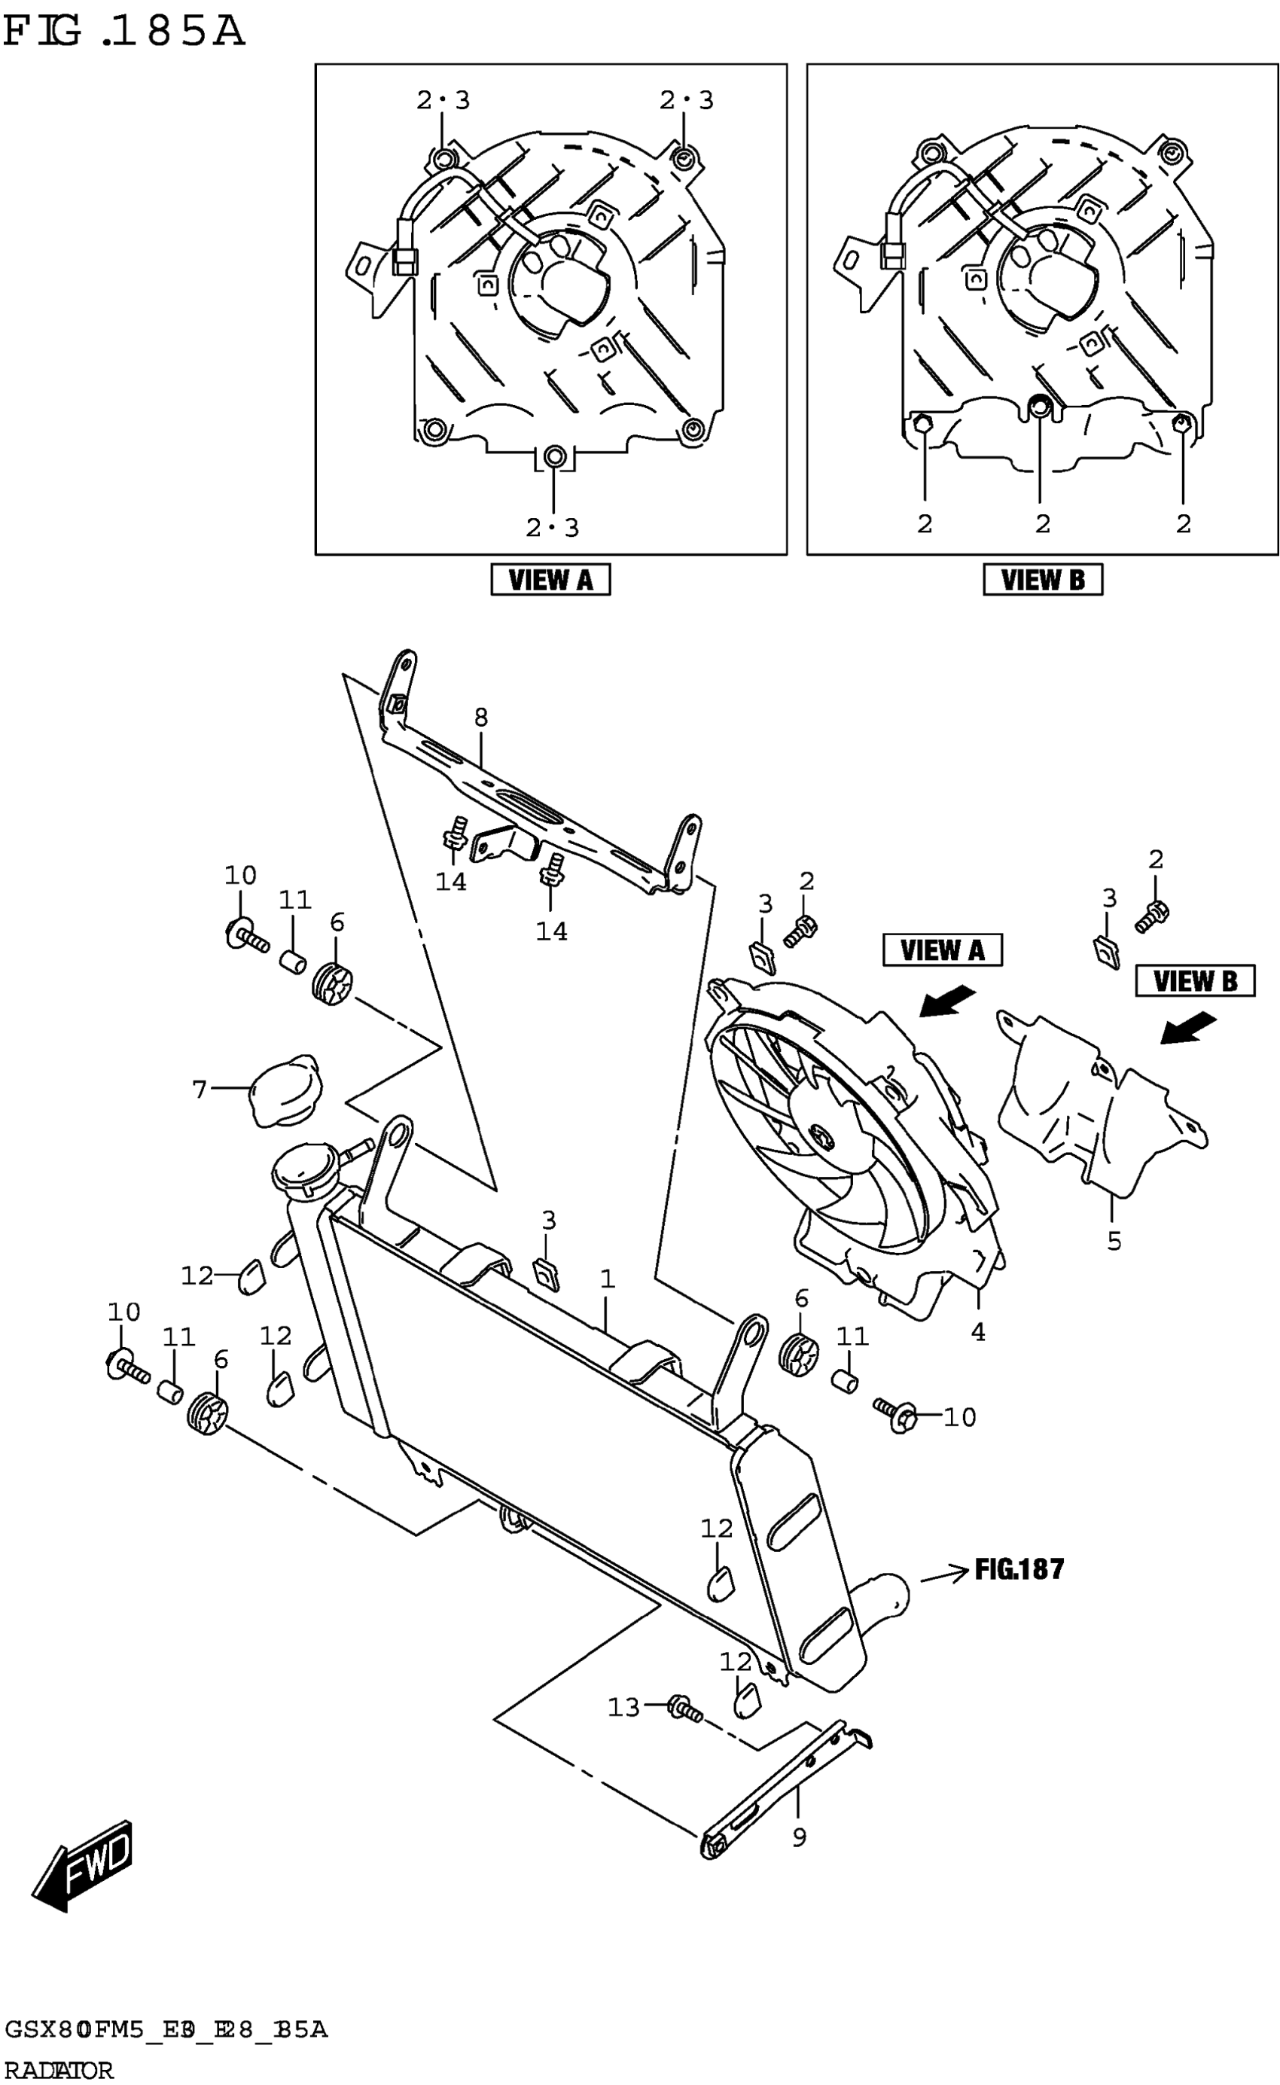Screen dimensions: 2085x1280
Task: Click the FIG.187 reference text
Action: pyautogui.click(x=1019, y=1569)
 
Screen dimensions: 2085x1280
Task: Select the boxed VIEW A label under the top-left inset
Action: pyautogui.click(x=550, y=580)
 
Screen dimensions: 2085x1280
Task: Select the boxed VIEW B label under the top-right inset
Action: pyautogui.click(x=1042, y=580)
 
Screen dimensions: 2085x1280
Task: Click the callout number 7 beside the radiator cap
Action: pyautogui.click(x=200, y=1090)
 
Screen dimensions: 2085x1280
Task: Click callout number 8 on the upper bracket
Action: pyautogui.click(x=481, y=718)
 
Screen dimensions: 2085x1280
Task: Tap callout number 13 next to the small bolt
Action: pyautogui.click(x=624, y=1709)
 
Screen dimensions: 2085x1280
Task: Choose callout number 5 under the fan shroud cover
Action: pyautogui.click(x=1114, y=1241)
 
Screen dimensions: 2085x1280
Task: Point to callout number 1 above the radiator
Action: pyautogui.click(x=607, y=1279)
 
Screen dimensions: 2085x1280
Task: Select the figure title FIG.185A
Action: pyautogui.click(x=123, y=32)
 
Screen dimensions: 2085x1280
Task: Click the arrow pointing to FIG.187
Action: pyautogui.click(x=943, y=1575)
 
